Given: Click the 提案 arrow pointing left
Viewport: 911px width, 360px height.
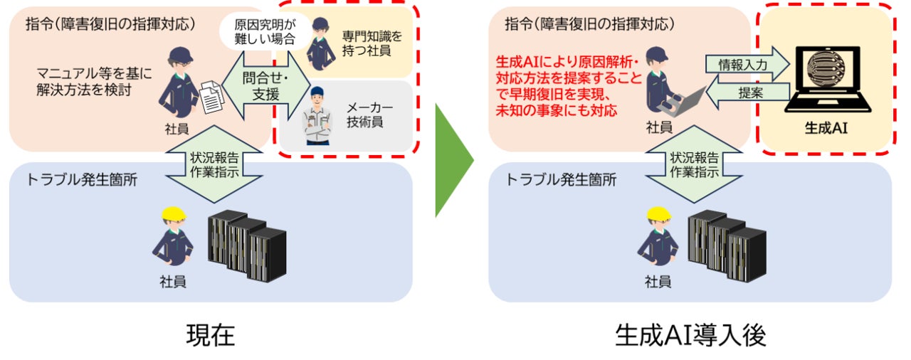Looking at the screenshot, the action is pos(747,92).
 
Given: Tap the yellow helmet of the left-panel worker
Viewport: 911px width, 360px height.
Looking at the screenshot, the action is pos(173,213).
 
